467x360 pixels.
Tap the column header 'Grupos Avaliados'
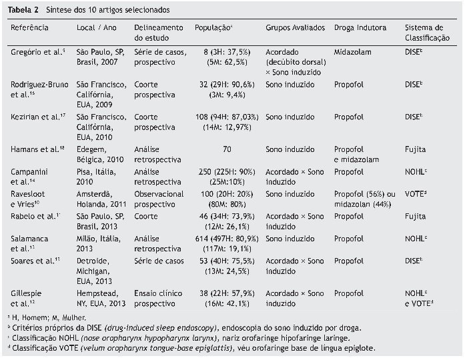[295, 29]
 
